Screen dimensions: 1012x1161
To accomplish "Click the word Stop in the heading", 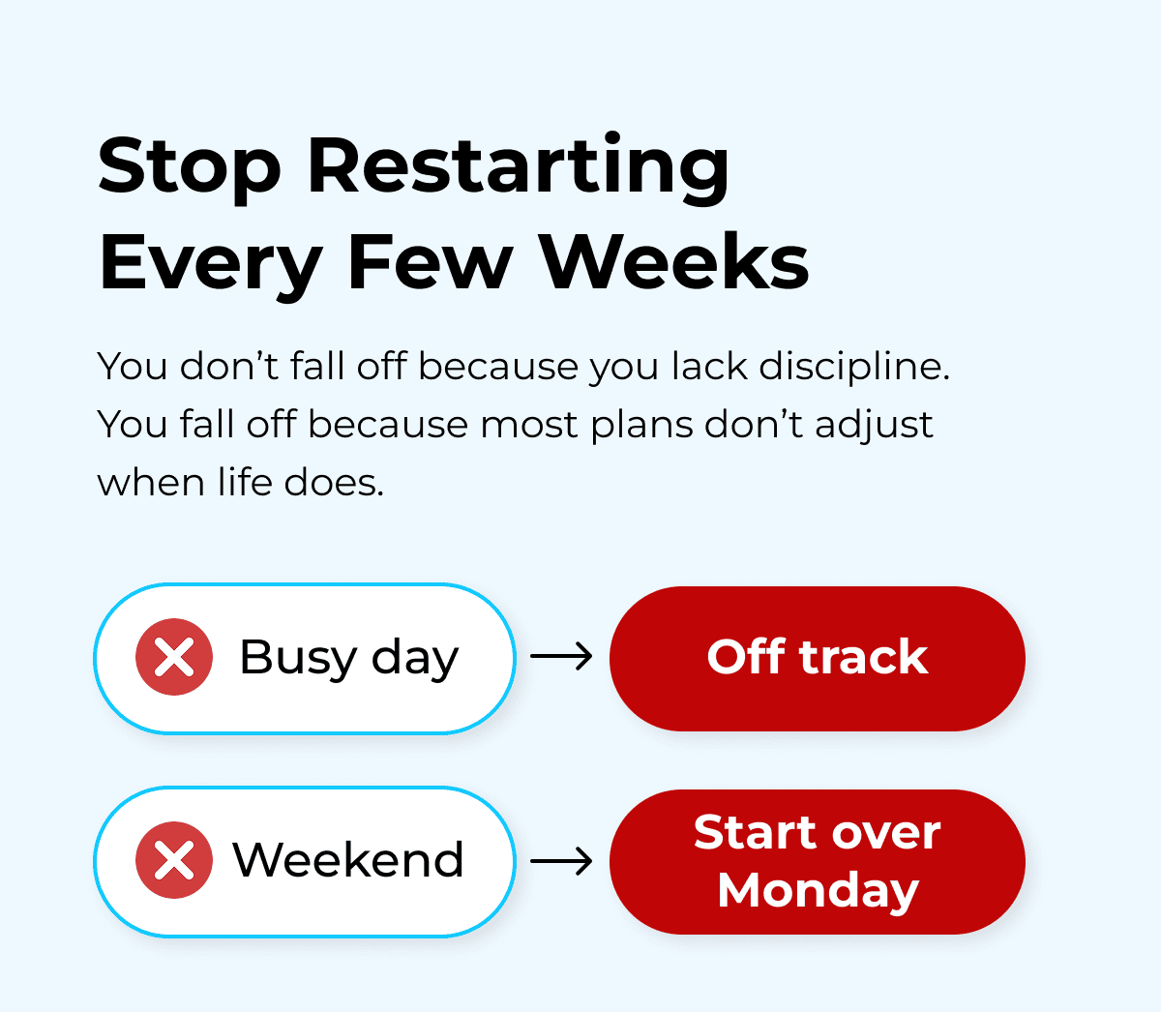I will (190, 166).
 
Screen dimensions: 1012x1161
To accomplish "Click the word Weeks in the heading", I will (673, 262).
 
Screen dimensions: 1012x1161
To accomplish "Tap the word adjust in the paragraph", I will (874, 425).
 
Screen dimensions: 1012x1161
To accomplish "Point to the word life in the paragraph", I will (244, 482).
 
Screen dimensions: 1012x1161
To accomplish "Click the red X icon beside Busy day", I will (174, 658).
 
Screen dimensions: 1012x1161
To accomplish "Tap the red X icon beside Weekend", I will (174, 860).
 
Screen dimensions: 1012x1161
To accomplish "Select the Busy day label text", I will (348, 658).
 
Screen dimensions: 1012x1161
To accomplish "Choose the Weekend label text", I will (348, 860).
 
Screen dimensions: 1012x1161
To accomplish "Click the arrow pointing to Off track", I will (562, 658).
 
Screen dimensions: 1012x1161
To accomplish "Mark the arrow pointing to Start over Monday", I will (562, 860).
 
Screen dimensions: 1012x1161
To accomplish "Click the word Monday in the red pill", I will (818, 890).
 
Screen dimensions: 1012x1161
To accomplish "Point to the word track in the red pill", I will (863, 657).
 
